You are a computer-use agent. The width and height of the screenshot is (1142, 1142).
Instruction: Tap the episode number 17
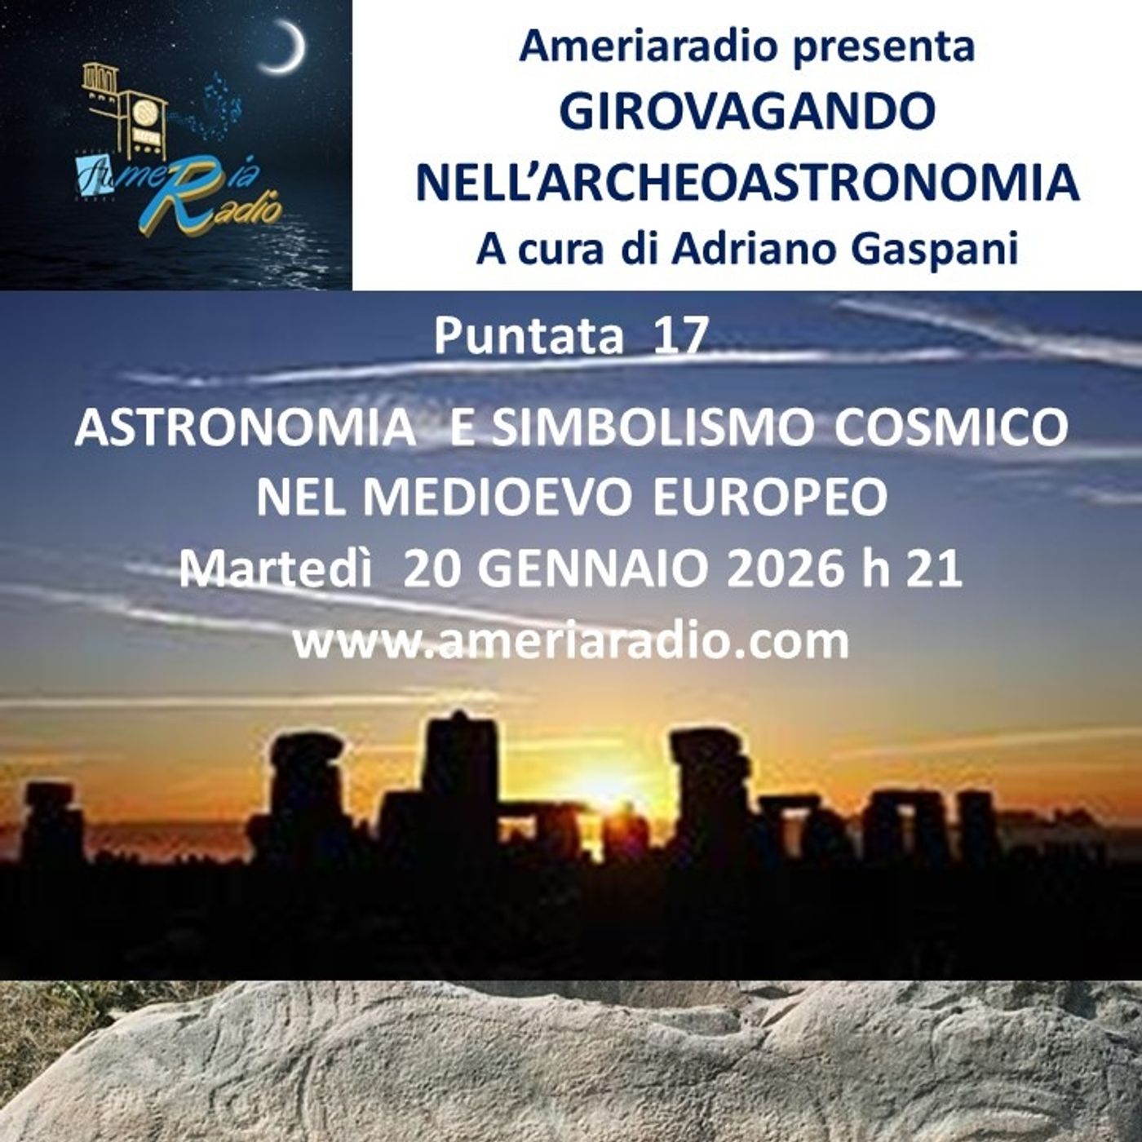(x=679, y=335)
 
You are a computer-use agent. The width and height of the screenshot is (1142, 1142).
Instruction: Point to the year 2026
(x=784, y=569)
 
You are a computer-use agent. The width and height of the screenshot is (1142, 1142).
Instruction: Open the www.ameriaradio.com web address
(x=570, y=640)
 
